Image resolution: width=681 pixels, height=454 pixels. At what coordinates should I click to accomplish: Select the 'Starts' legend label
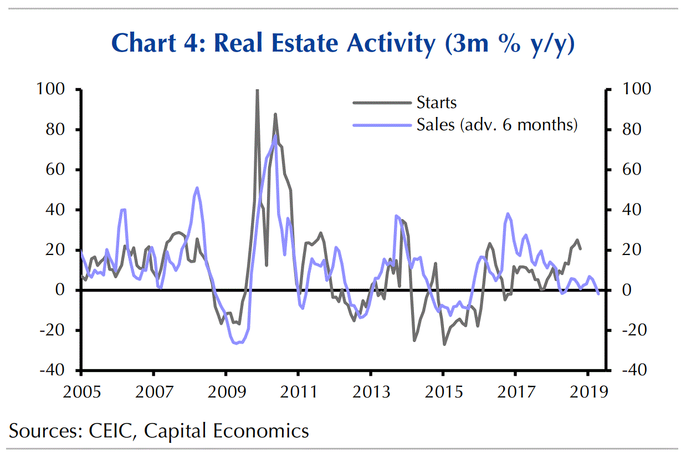coord(437,103)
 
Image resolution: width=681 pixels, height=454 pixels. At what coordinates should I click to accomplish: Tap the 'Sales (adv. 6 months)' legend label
coord(497,125)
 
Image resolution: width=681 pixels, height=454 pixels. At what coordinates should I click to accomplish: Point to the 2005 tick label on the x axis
coord(81,392)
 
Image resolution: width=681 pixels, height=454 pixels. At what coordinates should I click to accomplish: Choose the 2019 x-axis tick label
coord(588,392)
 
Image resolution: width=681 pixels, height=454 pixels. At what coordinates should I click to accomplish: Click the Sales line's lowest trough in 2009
coord(237,343)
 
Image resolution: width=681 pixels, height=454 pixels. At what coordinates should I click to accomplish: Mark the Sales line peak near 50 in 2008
coord(197,188)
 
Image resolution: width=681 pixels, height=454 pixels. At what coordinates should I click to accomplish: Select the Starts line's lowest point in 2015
coord(444,344)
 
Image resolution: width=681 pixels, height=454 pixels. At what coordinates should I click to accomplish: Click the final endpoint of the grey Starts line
coord(580,249)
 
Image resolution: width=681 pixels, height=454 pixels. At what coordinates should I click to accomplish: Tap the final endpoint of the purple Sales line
coord(598,294)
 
